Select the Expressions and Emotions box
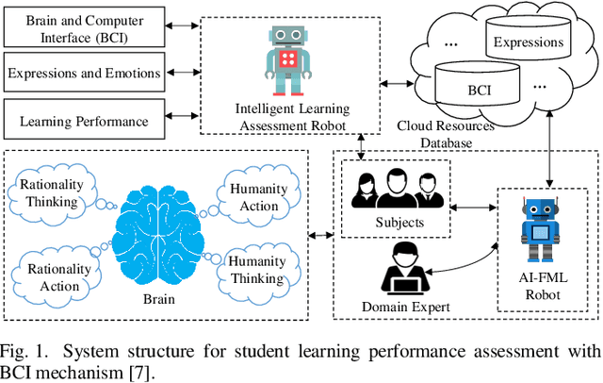pyautogui.click(x=87, y=72)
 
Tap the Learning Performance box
pyautogui.click(x=87, y=121)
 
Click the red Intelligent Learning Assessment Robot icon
pyautogui.click(x=291, y=58)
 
